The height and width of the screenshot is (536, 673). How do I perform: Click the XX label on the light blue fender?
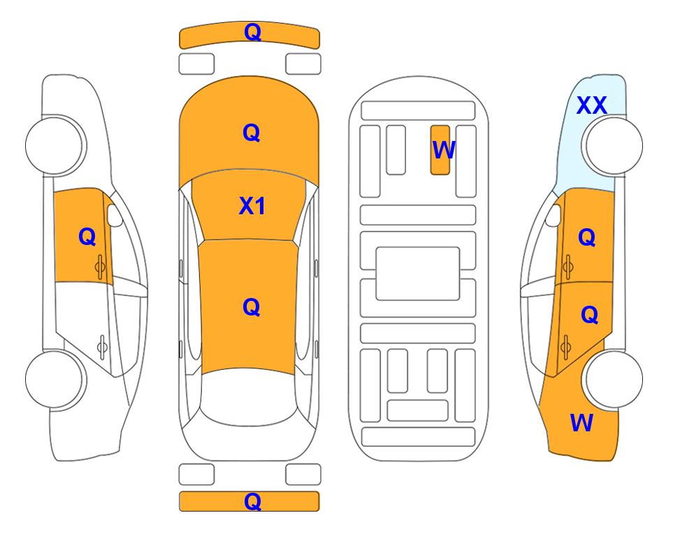click(591, 105)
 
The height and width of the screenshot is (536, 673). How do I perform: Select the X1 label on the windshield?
click(252, 206)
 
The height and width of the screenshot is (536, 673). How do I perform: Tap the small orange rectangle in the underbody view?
click(440, 150)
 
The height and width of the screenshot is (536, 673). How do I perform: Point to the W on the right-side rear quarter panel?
click(581, 423)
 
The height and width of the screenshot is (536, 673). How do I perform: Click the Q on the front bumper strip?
click(252, 32)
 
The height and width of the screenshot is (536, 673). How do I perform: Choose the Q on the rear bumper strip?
click(252, 501)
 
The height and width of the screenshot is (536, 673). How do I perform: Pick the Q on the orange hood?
click(252, 133)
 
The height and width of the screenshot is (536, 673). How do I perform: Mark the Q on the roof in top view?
click(252, 307)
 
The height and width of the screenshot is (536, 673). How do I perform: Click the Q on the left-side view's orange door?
click(87, 237)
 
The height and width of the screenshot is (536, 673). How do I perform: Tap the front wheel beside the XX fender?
click(612, 145)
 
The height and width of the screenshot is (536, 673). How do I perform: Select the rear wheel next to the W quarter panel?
click(612, 379)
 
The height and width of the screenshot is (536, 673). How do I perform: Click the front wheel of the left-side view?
click(56, 145)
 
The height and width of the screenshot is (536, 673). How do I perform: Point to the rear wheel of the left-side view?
click(56, 379)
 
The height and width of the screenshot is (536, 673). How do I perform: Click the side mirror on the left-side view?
click(114, 215)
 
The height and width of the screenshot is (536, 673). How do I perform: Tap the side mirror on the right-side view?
click(553, 215)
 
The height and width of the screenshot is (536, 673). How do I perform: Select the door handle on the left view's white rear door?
click(102, 346)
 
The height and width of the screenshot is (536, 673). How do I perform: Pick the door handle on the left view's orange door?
click(101, 267)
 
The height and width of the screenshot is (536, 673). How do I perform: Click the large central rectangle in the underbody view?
click(418, 274)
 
